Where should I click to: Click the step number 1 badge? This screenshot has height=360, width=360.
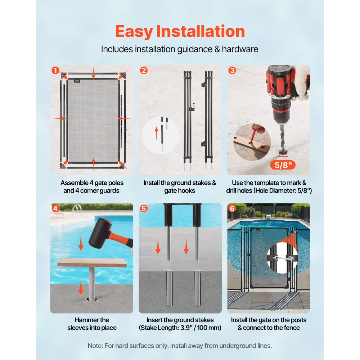(x=55, y=71)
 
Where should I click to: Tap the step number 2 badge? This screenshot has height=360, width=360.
(x=144, y=71)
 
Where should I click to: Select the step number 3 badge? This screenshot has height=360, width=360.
(x=232, y=71)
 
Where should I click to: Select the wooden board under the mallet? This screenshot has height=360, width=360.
(x=92, y=262)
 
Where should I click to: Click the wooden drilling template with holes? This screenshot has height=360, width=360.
(x=252, y=144)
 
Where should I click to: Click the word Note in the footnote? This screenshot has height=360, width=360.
(x=95, y=346)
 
